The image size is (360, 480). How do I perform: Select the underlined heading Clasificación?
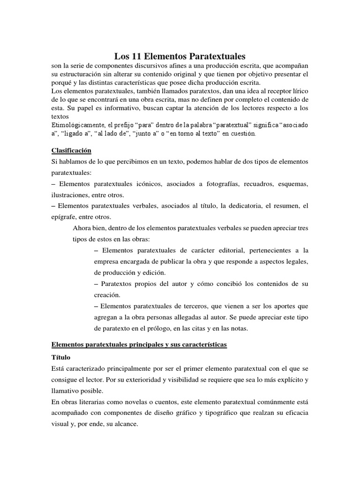pos(71,150)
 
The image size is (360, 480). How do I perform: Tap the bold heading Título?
pos(60,357)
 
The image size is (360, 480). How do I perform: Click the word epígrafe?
pos(65,217)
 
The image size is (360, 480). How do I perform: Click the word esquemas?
pos(293,184)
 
